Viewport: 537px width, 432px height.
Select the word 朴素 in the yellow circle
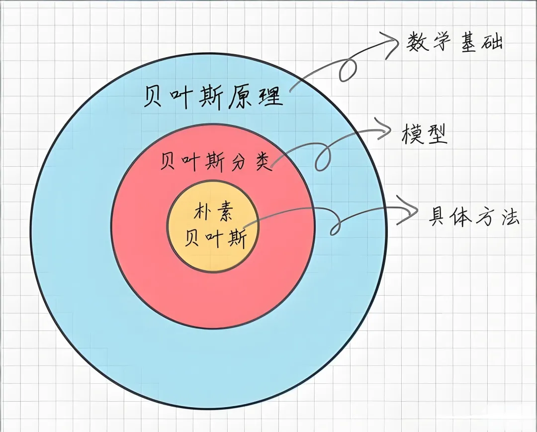[213, 214]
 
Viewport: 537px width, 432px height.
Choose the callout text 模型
[424, 133]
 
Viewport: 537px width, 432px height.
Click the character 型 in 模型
[436, 133]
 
